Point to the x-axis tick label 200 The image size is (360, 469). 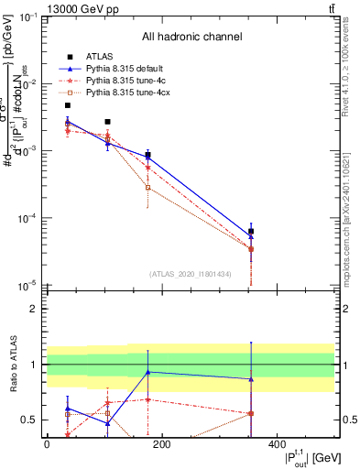[161, 444]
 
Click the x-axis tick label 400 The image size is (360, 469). [277, 444]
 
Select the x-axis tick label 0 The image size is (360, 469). [47, 444]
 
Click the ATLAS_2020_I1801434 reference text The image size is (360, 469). [191, 274]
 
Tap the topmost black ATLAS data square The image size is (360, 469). [68, 105]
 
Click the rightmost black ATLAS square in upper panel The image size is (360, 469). [251, 232]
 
